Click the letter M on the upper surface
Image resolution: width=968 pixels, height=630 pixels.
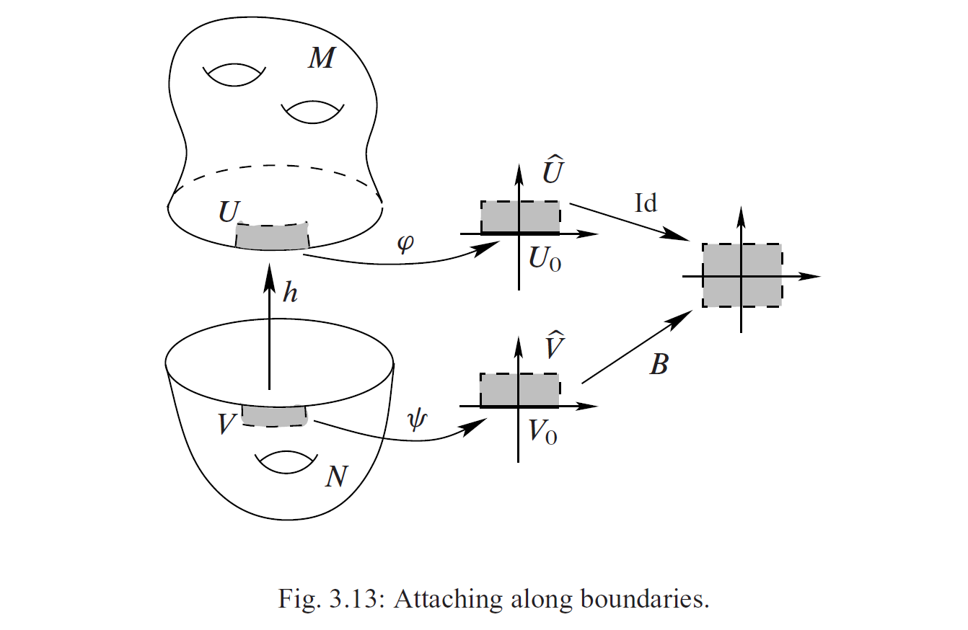pos(321,58)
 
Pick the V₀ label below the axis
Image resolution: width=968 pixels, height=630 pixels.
pos(543,432)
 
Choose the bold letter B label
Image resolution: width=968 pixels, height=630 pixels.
pos(658,365)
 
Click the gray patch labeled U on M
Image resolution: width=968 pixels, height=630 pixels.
pos(272,236)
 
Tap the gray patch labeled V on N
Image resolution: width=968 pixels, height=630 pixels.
pos(273,415)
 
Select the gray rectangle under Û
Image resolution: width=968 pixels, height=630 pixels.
pos(520,218)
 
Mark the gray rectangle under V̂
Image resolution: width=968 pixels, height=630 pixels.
pos(520,390)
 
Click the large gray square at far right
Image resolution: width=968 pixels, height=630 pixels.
pos(742,276)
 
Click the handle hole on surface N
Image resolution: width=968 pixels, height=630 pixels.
pos(287,463)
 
